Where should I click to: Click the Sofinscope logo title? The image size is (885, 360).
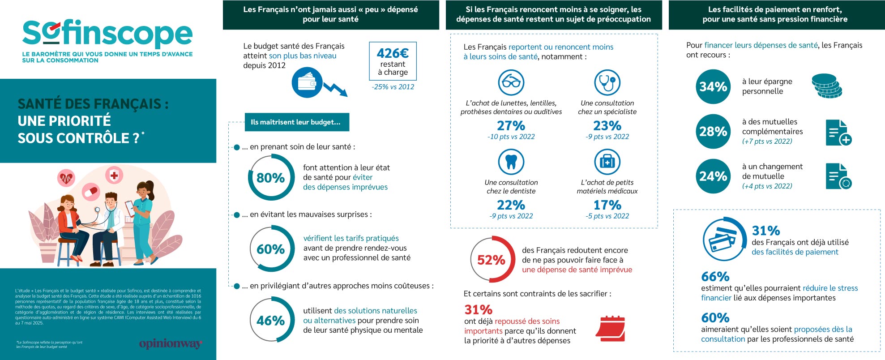[x=107, y=34]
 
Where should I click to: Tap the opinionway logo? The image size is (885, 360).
[x=171, y=344]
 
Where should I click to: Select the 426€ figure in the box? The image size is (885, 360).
[x=393, y=53]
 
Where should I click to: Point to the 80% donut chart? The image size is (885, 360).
[x=271, y=178]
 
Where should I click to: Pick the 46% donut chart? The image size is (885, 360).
[x=271, y=320]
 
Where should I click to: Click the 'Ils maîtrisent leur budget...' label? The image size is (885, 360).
[x=296, y=122]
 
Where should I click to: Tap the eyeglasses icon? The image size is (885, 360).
[x=511, y=82]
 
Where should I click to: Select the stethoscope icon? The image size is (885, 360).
[x=607, y=82]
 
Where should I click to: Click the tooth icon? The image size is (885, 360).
[x=511, y=162]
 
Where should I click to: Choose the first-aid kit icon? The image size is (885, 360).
[x=607, y=162]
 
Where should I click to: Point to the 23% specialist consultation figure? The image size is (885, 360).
[x=607, y=125]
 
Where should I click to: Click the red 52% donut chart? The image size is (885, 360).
[x=492, y=260]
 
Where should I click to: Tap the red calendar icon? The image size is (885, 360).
[x=610, y=331]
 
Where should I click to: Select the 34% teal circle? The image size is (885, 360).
[x=713, y=86]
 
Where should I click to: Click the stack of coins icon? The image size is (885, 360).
[x=826, y=86]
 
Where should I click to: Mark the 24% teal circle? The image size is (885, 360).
[x=713, y=176]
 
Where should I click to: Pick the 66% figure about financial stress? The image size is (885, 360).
[x=715, y=276]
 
